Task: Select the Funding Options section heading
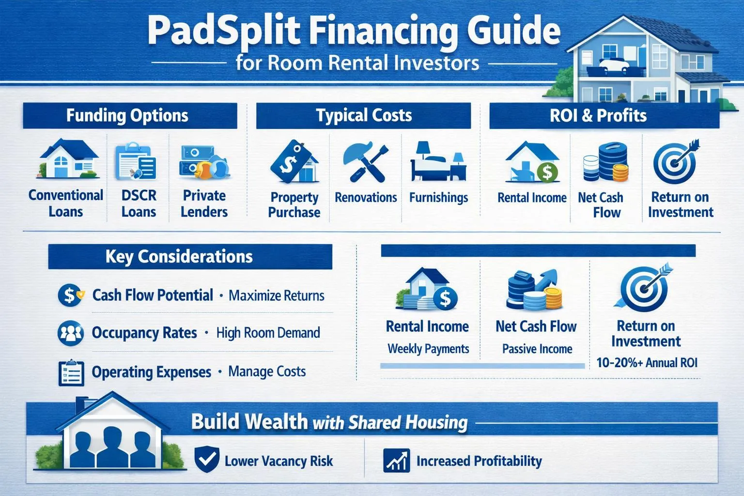(x=127, y=116)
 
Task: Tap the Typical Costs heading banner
(x=364, y=116)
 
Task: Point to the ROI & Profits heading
(x=598, y=116)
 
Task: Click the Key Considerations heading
(x=179, y=257)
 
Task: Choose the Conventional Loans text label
(x=66, y=203)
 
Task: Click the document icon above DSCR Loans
(x=136, y=161)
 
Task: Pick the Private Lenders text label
(x=204, y=203)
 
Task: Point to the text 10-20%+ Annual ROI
(x=647, y=362)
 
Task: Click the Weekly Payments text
(x=428, y=349)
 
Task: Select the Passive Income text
(x=537, y=349)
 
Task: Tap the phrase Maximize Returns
(x=276, y=295)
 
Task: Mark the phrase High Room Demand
(x=268, y=333)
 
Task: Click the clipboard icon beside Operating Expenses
(x=71, y=372)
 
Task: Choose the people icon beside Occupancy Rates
(x=70, y=333)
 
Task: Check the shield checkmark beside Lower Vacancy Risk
(x=206, y=460)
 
